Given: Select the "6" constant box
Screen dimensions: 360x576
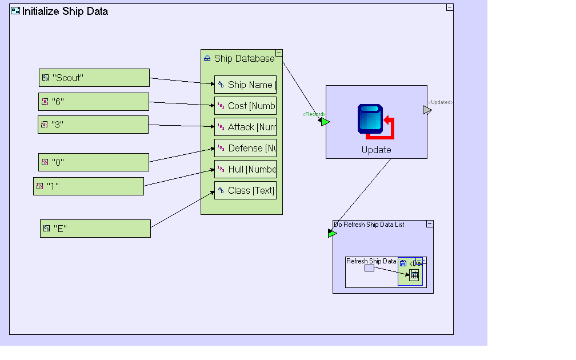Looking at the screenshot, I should click(94, 102).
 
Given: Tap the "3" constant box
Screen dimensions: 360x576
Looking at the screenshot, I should click(93, 125).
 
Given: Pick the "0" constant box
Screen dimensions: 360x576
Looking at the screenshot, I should click(94, 162).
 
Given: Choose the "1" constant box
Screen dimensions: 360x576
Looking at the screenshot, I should click(89, 186).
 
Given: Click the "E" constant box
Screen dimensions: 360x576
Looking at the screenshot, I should click(95, 229).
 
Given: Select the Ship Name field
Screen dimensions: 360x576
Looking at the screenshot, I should click(246, 85).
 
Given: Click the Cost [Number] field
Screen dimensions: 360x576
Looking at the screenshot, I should click(246, 106).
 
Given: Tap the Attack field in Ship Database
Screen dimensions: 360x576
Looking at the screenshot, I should click(246, 127).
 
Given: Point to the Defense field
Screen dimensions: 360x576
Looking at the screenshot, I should click(246, 148).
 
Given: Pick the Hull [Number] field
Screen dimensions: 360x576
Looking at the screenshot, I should click(246, 169).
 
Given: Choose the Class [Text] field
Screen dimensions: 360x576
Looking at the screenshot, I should click(246, 190).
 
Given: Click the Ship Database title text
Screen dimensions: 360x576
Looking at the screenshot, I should click(244, 58).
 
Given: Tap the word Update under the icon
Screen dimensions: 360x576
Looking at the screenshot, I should click(376, 150).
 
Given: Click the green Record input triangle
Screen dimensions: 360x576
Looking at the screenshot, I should click(325, 122).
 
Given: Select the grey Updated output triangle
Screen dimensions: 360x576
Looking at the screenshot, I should click(427, 110).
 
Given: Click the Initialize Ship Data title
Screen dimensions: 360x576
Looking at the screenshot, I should click(65, 11).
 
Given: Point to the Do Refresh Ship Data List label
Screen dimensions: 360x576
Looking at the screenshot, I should click(369, 225).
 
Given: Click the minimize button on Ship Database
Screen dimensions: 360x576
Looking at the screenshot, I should click(279, 53).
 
